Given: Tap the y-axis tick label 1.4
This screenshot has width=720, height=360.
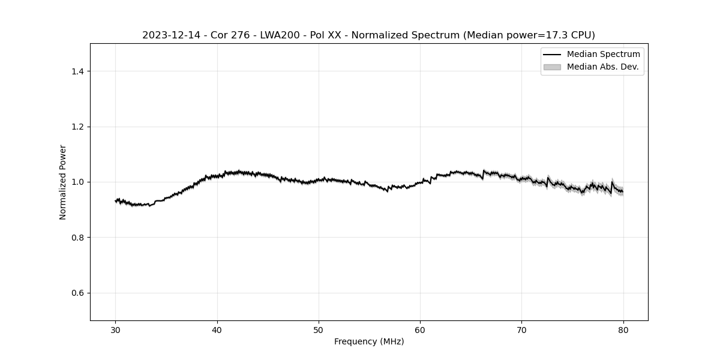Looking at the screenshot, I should pos(77,71).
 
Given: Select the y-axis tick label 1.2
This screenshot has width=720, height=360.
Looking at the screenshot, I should pos(77,127).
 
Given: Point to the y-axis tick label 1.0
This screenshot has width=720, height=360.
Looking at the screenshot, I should pos(77,182).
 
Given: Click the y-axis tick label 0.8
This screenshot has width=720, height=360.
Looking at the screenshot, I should pos(77,238).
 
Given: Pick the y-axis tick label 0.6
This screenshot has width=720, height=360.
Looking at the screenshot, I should pos(77,293).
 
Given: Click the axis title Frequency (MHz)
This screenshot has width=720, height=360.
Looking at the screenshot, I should pos(369,341).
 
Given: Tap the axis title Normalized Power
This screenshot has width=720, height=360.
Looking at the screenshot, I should pos(63,182).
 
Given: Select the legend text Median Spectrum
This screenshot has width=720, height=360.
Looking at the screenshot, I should pos(603,55).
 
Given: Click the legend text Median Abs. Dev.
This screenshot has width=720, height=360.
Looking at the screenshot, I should pos(602,67).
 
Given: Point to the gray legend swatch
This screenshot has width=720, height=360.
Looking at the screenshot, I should pos(552,67).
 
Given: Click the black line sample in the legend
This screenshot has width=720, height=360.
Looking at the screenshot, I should pos(552,55).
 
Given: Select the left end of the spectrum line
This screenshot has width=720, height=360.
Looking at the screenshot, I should pos(116,201).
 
